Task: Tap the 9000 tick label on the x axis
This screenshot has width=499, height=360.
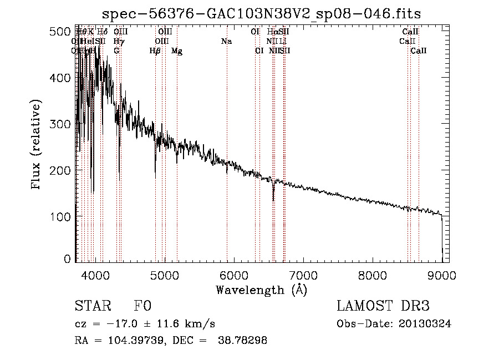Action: (442, 274)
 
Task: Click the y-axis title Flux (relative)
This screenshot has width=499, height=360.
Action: (37, 145)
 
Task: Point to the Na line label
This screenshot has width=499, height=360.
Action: (226, 42)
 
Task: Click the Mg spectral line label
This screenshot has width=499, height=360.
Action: (177, 51)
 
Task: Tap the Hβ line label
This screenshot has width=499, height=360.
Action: (155, 51)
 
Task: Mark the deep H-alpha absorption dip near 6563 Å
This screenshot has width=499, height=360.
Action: (273, 195)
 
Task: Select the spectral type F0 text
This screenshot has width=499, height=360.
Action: (142, 307)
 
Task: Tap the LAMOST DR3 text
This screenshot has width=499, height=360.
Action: (383, 307)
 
